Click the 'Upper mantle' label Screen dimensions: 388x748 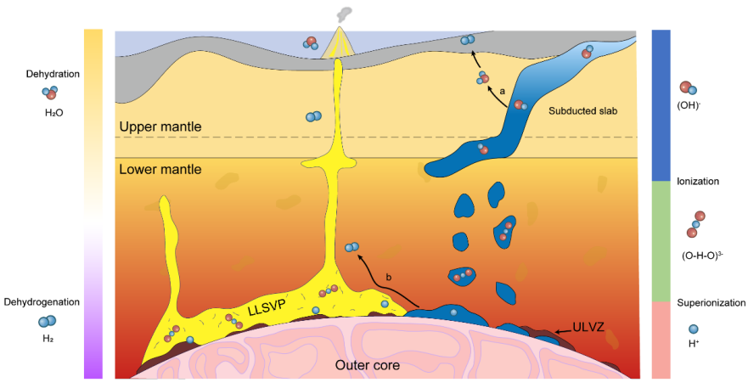click(160, 127)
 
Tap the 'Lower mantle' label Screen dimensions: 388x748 click(160, 169)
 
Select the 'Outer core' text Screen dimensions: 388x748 click(368, 366)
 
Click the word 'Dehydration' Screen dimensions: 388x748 click(53, 74)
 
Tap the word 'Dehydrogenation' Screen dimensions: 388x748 click(42, 301)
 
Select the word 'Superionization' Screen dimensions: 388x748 click(711, 302)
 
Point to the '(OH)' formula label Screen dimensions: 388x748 click(688, 106)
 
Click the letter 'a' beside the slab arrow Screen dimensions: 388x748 click(502, 90)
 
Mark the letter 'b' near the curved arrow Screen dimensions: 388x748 click(388, 278)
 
